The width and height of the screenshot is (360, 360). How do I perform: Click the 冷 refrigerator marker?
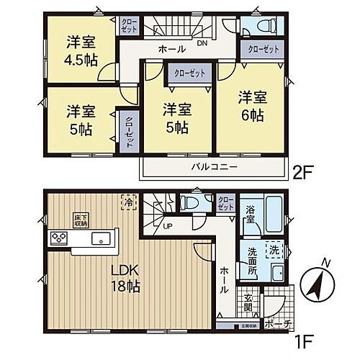127,204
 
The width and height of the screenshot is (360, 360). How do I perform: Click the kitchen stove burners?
58,238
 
